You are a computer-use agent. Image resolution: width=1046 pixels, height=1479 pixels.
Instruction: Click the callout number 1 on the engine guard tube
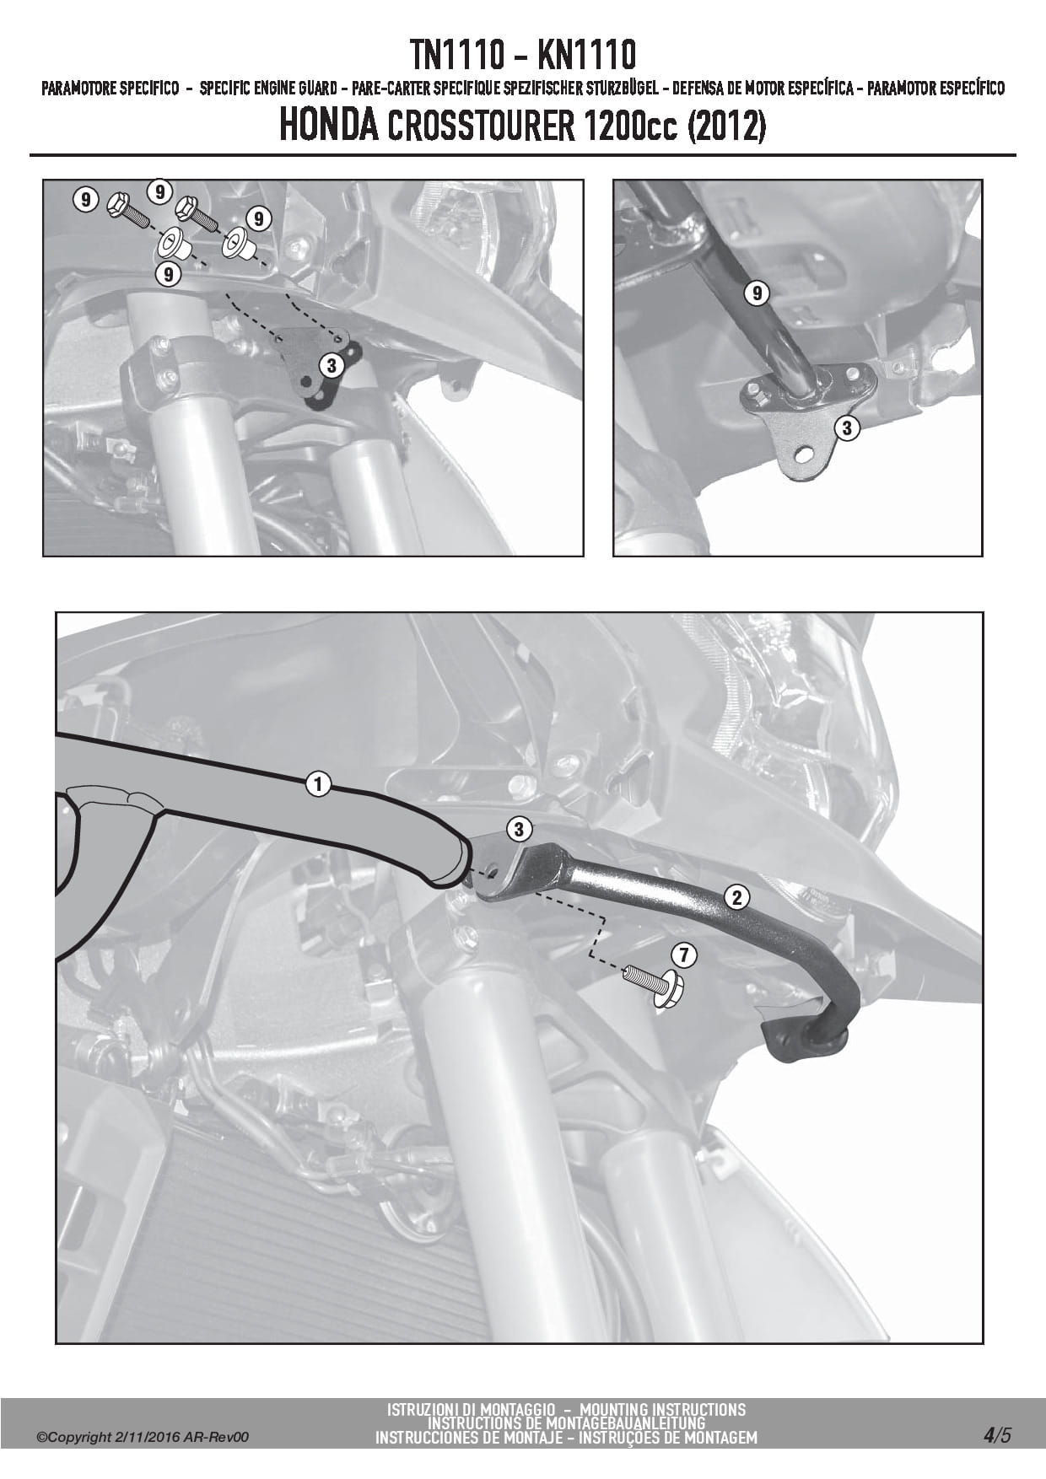317,785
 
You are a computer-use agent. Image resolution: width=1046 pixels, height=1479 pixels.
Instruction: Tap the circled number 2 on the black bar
737,897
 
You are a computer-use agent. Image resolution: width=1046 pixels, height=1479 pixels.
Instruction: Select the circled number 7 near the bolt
683,955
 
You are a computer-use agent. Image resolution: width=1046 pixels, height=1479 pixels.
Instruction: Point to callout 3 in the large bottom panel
519,829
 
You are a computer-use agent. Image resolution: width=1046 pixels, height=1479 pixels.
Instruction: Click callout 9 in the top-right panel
758,293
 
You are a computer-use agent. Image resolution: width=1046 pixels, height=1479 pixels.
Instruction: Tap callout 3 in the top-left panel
332,366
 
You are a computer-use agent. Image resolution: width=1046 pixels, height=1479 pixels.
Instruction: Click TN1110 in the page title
456,56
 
